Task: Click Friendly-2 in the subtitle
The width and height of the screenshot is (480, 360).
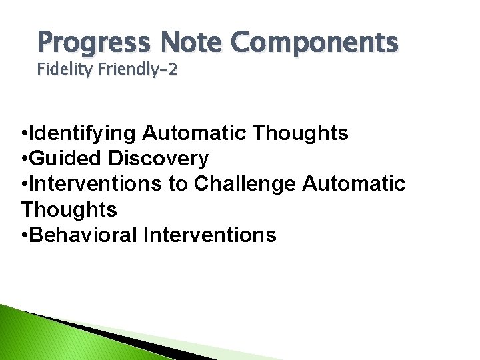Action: [139, 69]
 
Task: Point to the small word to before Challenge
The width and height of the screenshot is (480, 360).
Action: [178, 184]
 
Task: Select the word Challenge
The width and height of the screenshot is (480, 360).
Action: [245, 184]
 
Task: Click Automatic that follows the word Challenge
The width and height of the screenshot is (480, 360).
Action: [354, 184]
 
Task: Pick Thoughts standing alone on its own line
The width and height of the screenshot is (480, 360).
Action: [69, 209]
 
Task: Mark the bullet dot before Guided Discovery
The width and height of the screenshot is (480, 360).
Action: [24, 159]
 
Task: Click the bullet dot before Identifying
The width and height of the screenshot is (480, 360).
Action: [24, 134]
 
